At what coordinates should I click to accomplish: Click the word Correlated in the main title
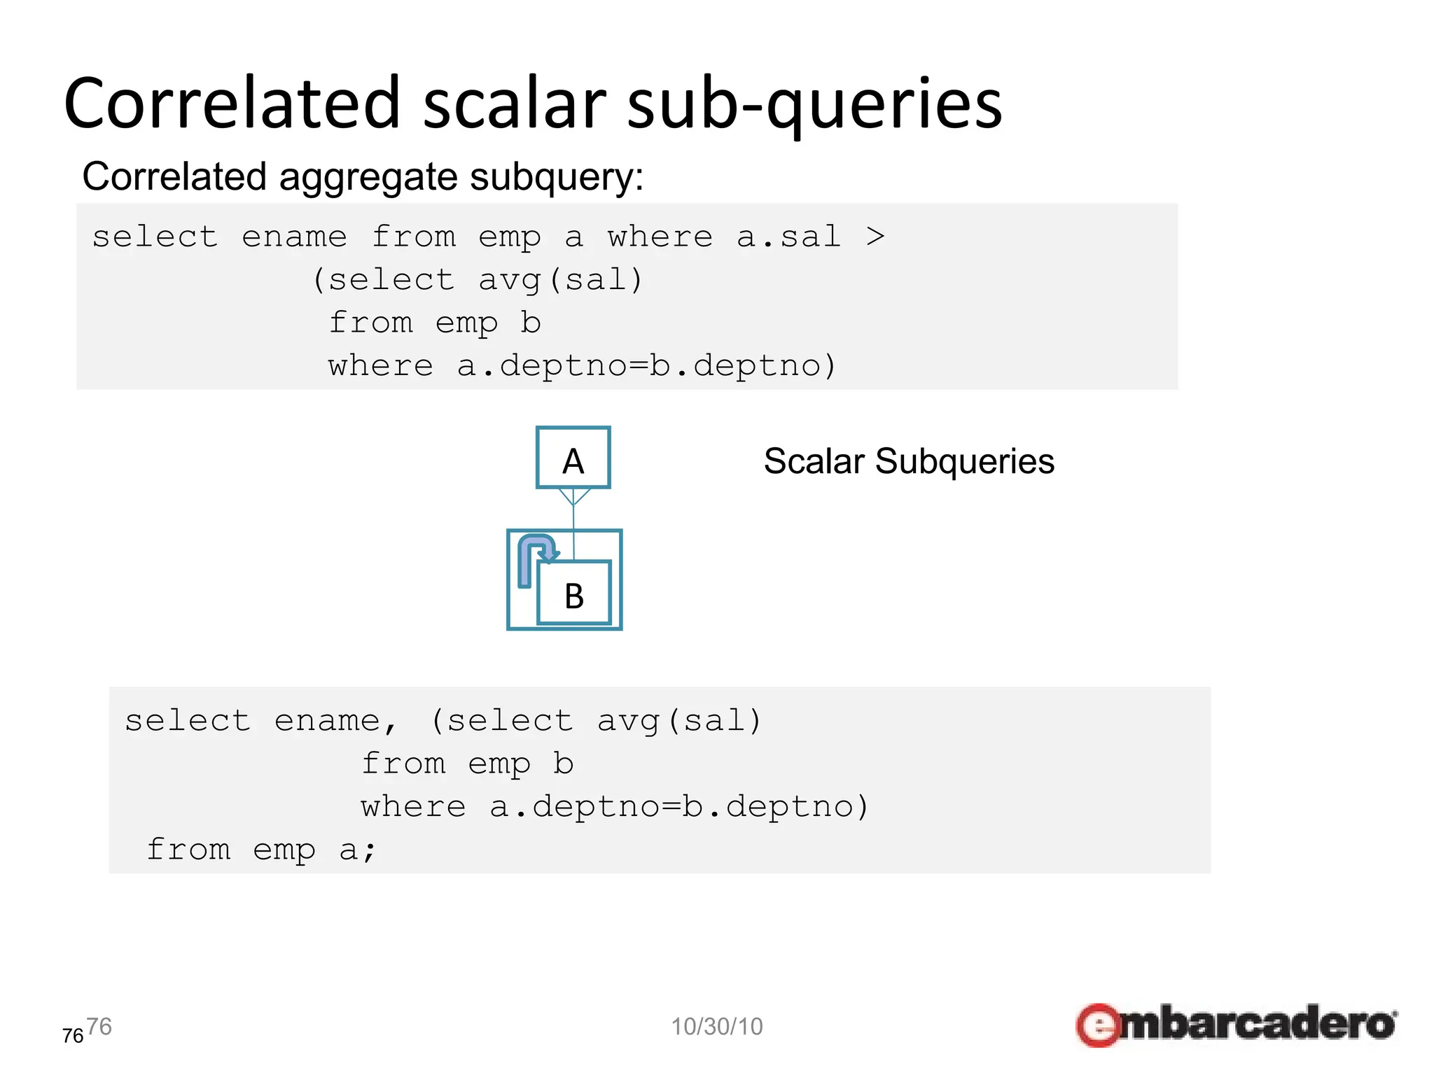tap(231, 104)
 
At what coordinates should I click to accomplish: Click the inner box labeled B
tap(574, 594)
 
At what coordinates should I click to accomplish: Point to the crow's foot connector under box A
tap(573, 497)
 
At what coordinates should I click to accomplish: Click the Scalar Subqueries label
tap(908, 462)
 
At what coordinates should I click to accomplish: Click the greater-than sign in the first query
tap(875, 237)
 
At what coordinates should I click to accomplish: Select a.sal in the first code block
tap(788, 237)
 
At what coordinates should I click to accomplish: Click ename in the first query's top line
tap(294, 237)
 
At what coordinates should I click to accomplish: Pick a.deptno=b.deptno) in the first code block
tap(646, 365)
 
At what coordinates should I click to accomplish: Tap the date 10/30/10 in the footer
tap(716, 1027)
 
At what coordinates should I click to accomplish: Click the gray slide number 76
tap(99, 1027)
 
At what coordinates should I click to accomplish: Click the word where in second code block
tap(413, 807)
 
